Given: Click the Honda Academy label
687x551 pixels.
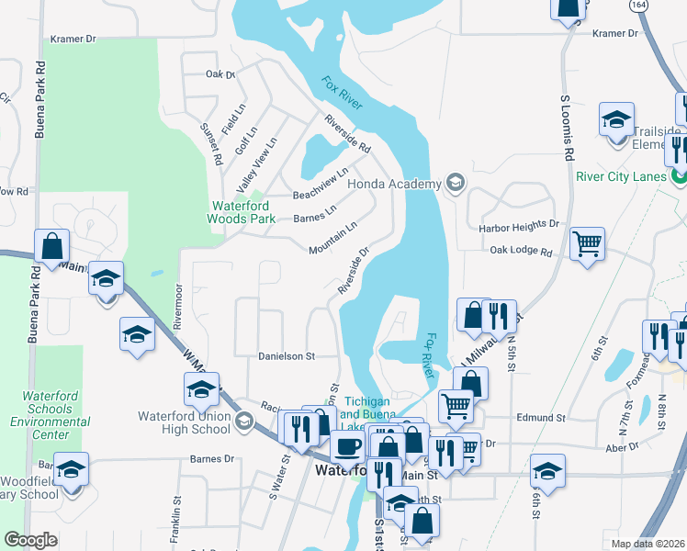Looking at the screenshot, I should pyautogui.click(x=394, y=184).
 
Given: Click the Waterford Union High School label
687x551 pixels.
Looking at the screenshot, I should pyautogui.click(x=184, y=422).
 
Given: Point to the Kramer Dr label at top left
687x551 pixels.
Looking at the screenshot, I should pyautogui.click(x=73, y=39).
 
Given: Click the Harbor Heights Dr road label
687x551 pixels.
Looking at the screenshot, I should pyautogui.click(x=518, y=224).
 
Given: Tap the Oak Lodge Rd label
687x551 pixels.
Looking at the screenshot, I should pyautogui.click(x=521, y=251).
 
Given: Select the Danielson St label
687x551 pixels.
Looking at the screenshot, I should pyautogui.click(x=286, y=355).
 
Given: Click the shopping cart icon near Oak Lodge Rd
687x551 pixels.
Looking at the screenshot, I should pyautogui.click(x=587, y=244).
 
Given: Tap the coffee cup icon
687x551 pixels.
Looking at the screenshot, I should pyautogui.click(x=347, y=447).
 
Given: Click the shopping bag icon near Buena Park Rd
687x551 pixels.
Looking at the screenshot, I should pyautogui.click(x=51, y=245).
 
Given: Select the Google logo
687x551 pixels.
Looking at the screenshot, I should pyautogui.click(x=31, y=540).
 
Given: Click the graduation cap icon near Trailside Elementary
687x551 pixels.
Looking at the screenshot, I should pyautogui.click(x=616, y=119).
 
